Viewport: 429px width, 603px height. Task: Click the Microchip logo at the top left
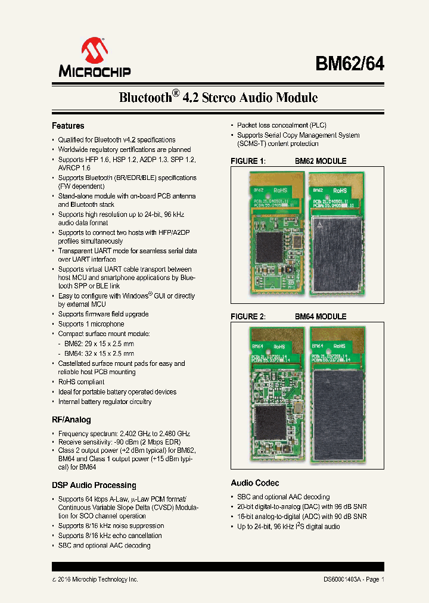[x=94, y=58]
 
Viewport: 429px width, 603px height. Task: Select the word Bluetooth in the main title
[x=145, y=98]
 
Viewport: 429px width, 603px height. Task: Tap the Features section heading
[x=68, y=126]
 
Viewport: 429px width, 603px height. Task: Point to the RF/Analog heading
[x=71, y=419]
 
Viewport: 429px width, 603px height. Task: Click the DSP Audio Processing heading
[x=94, y=485]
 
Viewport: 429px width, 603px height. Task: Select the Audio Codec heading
[x=255, y=483]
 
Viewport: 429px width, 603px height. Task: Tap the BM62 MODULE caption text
[x=321, y=161]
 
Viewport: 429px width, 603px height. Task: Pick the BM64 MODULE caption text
[x=321, y=317]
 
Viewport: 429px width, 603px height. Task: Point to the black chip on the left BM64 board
[x=270, y=422]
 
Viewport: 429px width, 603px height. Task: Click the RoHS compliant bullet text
[x=81, y=382]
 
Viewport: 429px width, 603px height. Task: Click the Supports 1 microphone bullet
[x=91, y=324]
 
